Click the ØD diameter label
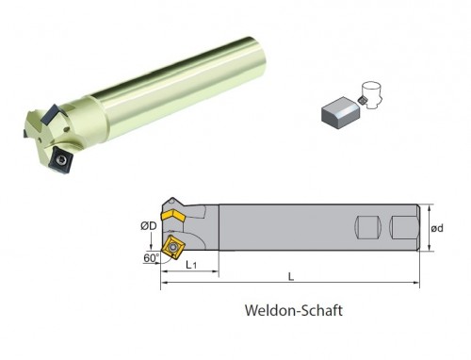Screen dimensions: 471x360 pyautogui.click(x=148, y=226)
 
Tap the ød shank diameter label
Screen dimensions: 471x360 pyautogui.click(x=437, y=228)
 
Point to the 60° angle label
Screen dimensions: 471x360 pyautogui.click(x=152, y=258)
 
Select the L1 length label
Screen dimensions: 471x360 pyautogui.click(x=191, y=265)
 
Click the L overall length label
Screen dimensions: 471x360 pyautogui.click(x=291, y=277)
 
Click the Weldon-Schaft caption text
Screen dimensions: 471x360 pyautogui.click(x=294, y=310)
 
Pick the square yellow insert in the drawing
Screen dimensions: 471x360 pyautogui.click(x=172, y=248)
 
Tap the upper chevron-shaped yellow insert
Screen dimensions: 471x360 pyautogui.click(x=173, y=216)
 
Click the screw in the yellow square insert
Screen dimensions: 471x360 pyautogui.click(x=171, y=247)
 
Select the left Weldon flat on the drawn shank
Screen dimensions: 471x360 pyautogui.click(x=367, y=228)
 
